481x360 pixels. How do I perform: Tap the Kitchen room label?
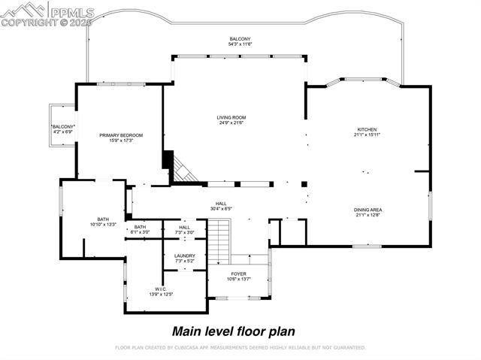367,129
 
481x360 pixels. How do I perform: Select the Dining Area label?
368,210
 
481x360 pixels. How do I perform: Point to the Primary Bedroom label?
121,135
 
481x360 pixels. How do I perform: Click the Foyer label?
238,274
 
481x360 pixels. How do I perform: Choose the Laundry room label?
185,256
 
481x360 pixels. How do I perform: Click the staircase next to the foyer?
218,237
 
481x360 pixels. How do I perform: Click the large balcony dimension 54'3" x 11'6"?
240,44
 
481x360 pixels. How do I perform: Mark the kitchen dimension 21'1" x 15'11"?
367,135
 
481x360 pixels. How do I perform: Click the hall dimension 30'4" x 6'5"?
221,208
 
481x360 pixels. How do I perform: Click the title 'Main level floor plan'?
234,331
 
